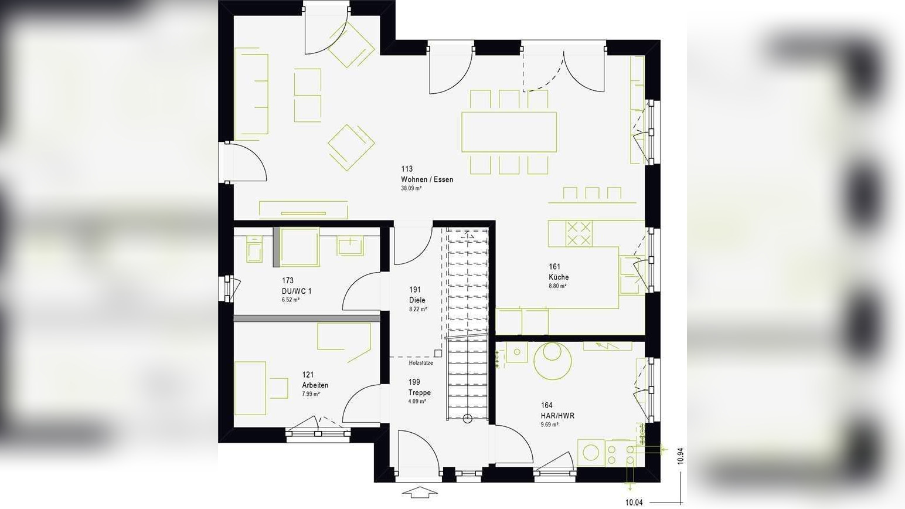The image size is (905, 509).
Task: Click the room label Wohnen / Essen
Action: tap(427, 179)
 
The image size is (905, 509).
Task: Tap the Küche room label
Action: tap(558, 277)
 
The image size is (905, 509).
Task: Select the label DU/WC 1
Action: tap(297, 291)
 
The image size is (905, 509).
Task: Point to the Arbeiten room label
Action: tap(315, 385)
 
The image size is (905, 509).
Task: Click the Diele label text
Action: tap(417, 300)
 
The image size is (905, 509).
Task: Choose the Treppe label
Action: tap(419, 392)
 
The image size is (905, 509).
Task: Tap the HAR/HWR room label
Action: tap(557, 416)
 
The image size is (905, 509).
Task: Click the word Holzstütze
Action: tap(421, 363)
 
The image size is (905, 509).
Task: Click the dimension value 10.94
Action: tap(680, 456)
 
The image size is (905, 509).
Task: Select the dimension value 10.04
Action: tap(635, 503)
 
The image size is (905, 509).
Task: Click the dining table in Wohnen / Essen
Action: tap(509, 132)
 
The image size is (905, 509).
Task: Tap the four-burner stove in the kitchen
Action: tap(579, 233)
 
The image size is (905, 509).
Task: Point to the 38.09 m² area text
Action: tap(411, 189)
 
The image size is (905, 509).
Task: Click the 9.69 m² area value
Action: tap(549, 425)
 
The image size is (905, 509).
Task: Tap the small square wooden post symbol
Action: tap(438, 353)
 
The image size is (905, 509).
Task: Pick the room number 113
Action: tap(407, 169)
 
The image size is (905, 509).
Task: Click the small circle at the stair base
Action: tap(467, 418)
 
